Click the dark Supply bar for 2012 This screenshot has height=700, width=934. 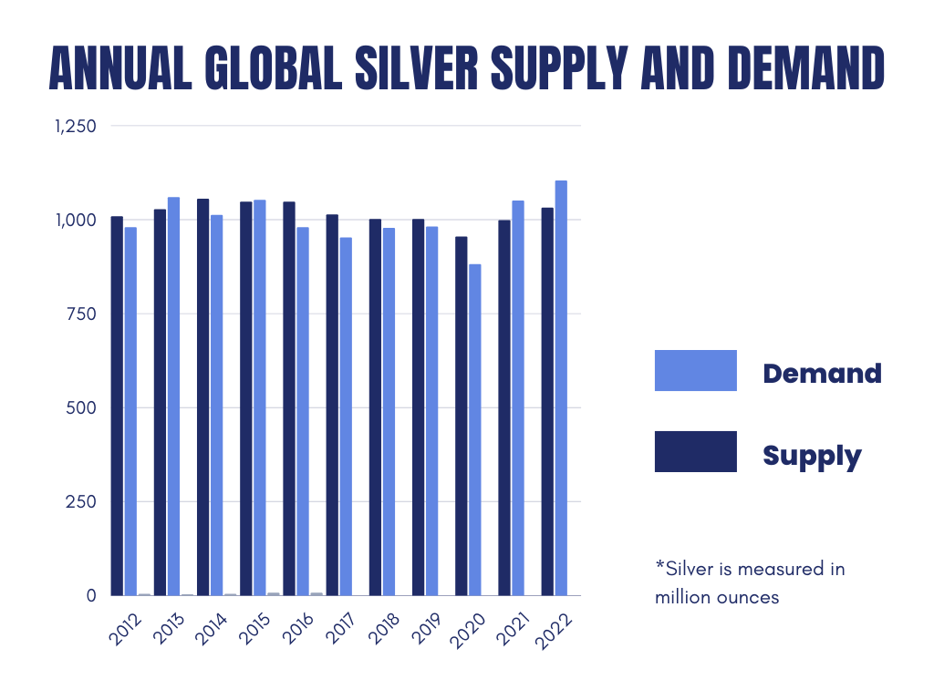coord(117,406)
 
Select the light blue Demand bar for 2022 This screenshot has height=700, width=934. coord(561,387)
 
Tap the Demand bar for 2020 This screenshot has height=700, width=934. coord(474,429)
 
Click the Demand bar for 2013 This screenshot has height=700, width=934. coord(173,396)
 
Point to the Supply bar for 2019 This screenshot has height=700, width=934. coord(418,407)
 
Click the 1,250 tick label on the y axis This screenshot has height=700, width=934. coord(76,127)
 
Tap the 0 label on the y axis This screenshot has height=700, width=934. coord(91,595)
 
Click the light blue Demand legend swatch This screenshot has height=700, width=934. coord(695,370)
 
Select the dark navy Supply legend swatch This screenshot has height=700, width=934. coord(695,451)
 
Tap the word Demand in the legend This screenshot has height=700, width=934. coord(822,373)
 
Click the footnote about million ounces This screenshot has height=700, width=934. coord(750,583)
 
